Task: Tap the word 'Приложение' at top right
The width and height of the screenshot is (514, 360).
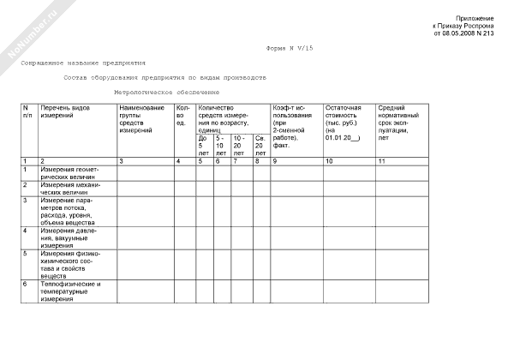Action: click(x=474, y=18)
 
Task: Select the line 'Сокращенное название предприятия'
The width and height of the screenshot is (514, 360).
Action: click(x=83, y=63)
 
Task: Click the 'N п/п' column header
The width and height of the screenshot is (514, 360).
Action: click(x=28, y=111)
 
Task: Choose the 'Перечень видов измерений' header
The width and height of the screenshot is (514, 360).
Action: click(x=65, y=111)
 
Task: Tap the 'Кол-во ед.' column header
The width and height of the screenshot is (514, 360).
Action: click(x=182, y=115)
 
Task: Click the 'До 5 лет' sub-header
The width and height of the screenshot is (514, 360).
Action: click(x=203, y=145)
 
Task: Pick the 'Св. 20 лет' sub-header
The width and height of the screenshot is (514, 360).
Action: click(x=260, y=145)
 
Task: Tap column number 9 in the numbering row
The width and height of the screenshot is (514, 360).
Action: click(x=275, y=161)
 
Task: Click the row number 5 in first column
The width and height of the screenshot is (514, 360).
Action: click(x=26, y=254)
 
